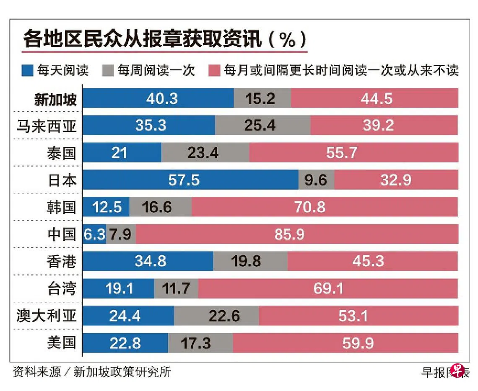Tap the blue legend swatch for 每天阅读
tap(27, 70)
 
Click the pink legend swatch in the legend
tap(214, 70)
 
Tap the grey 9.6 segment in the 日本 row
tap(316, 180)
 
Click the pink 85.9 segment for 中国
tap(297, 234)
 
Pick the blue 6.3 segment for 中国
tap(94, 234)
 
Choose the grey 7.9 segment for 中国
tap(121, 234)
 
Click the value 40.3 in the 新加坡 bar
tap(162, 99)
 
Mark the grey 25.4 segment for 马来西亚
tap(262, 126)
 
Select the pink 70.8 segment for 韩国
tap(325, 207)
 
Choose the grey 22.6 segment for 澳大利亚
tap(216, 316)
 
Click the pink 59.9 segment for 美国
tap(345, 343)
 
